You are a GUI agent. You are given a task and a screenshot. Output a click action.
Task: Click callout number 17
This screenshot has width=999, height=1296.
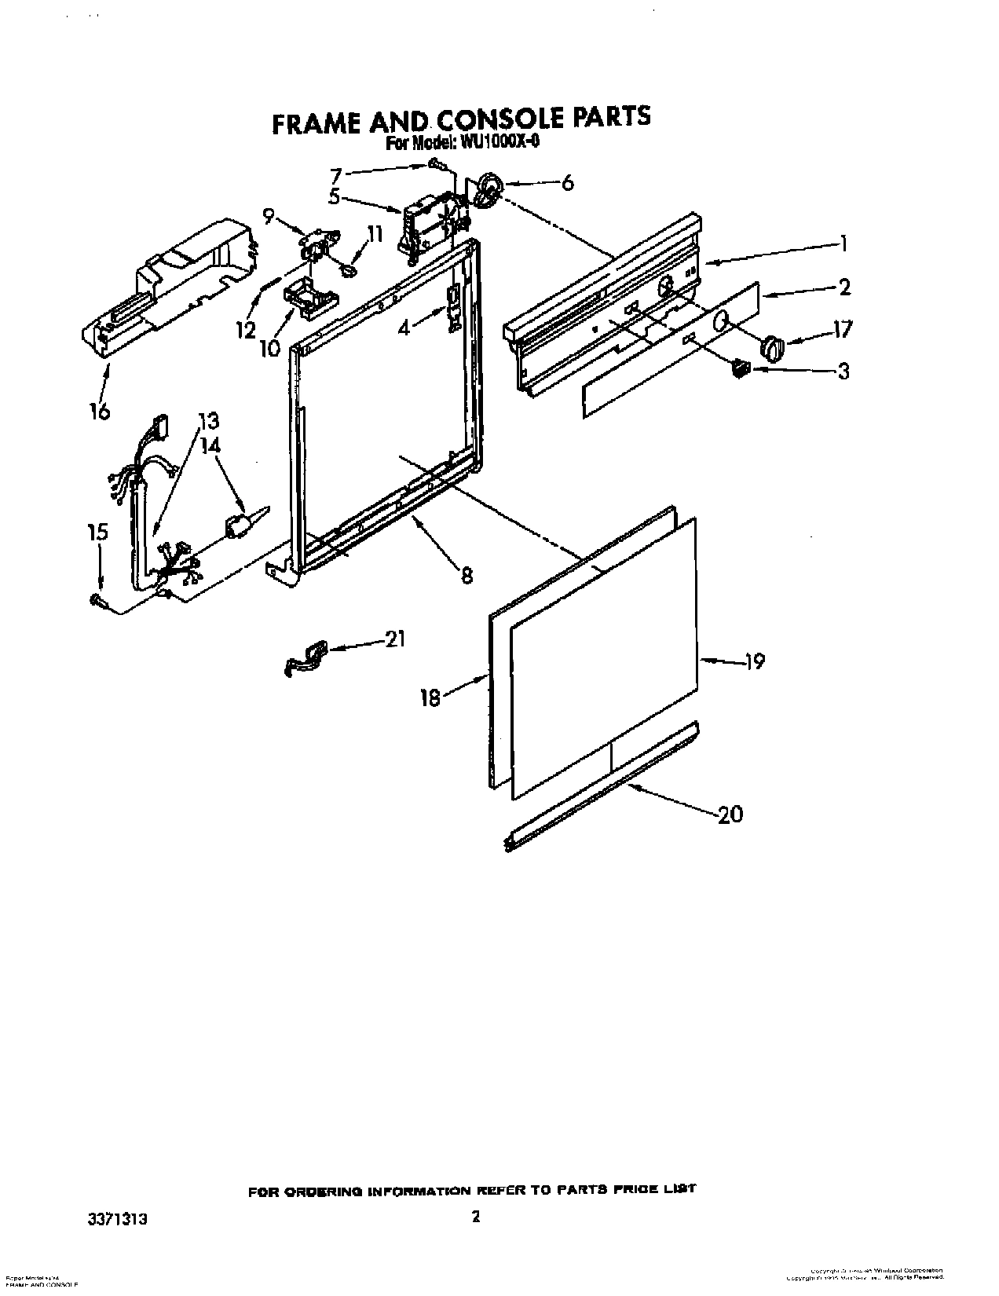click(842, 328)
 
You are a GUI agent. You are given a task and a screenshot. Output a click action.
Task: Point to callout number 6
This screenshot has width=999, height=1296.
click(567, 184)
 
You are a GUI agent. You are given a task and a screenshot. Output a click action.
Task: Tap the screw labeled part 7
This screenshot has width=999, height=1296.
click(436, 163)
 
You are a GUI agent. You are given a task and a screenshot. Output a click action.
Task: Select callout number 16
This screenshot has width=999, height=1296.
click(100, 411)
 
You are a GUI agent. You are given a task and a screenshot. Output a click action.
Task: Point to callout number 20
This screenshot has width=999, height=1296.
click(730, 815)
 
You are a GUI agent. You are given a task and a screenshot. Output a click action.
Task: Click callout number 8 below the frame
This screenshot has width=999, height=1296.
click(467, 576)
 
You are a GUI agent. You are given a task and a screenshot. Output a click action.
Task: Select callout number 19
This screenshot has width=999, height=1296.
click(754, 662)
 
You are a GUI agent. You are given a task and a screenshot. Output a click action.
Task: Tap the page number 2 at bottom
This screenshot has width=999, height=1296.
click(474, 1195)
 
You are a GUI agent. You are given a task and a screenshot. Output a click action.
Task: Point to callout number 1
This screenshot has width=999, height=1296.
click(843, 244)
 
